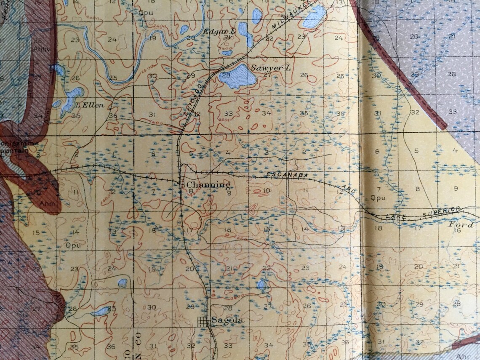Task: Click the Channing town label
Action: [208, 185]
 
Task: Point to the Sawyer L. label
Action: [266, 67]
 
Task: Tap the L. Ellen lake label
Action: [89, 105]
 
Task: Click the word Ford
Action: [461, 224]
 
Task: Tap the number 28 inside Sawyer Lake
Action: [227, 75]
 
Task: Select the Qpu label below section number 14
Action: [73, 244]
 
